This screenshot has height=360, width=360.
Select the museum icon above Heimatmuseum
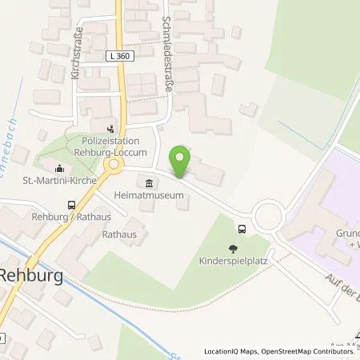tap(146, 181)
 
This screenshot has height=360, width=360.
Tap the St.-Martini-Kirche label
tap(57, 181)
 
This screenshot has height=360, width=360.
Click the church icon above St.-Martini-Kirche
tap(58, 169)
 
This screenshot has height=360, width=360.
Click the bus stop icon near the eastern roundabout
tap(242, 227)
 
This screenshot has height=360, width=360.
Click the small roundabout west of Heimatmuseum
tap(113, 165)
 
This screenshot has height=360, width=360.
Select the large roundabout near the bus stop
tap(269, 214)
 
